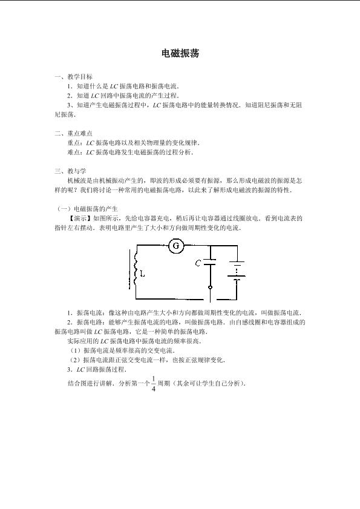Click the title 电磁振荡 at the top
coord(180,53)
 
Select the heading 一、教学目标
coord(74,77)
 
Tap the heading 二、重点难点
coord(74,133)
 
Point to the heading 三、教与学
coord(70,171)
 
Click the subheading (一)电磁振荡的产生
coord(87,209)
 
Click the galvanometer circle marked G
coord(176,245)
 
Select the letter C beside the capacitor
coord(198,263)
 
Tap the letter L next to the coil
coord(142,274)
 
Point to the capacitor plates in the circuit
coord(210,262)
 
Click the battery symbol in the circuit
coord(237,269)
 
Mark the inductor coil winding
coord(136,267)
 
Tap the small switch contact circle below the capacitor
coord(210,287)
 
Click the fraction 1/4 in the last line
coord(154,384)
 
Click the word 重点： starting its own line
coord(77,142)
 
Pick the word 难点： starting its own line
coord(77,152)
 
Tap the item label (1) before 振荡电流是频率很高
coord(76,350)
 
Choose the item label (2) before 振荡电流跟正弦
coord(76,360)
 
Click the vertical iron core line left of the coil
coord(131,269)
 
